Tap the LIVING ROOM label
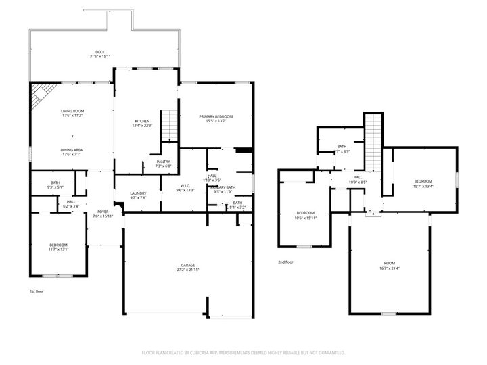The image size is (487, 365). [72, 113]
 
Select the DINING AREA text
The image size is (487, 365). [72, 152]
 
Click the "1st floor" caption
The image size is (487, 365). [37, 291]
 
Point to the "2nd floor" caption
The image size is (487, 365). [285, 262]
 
